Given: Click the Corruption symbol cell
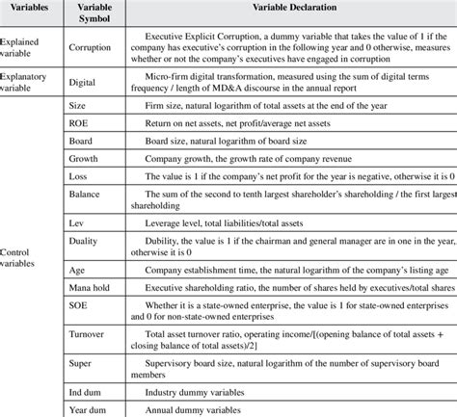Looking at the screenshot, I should coord(94,45).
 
